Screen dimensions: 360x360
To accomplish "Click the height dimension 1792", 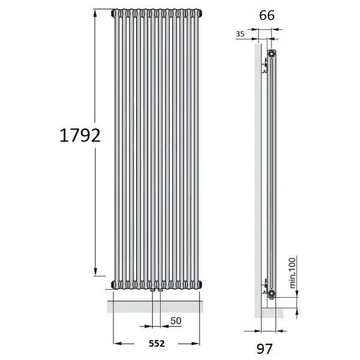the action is tap(80, 136).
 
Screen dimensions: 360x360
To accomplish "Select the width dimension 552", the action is tap(157, 343).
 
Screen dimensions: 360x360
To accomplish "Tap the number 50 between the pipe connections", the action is tap(176, 321).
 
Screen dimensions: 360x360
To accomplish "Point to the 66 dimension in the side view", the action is tap(266, 16).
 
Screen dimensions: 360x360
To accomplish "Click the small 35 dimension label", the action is tap(240, 34).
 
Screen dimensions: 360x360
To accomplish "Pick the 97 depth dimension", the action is tap(264, 349).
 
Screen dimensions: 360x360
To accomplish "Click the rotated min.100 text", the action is tap(292, 273).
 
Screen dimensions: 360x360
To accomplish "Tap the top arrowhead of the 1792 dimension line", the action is tap(95, 13).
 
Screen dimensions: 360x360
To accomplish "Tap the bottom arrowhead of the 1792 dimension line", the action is tap(95, 271).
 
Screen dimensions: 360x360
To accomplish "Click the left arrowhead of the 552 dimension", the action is tap(118, 343).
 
